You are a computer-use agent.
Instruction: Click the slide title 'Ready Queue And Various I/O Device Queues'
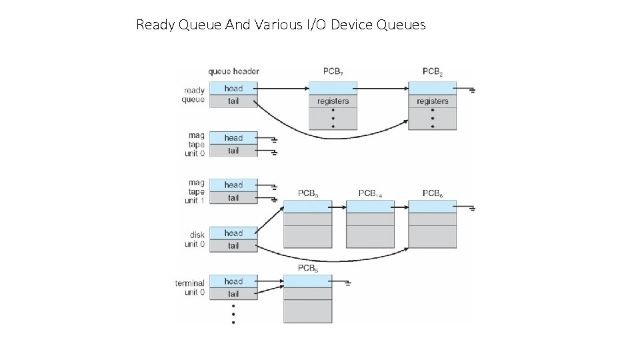coord(281,25)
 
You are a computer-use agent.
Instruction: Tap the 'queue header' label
coord(233,71)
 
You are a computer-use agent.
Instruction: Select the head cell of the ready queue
coord(233,89)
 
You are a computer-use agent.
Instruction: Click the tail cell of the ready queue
coord(233,101)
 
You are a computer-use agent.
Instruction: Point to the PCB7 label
coord(333,71)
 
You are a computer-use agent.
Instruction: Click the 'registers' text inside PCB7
coord(333,101)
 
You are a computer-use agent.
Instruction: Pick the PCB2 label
coord(433,71)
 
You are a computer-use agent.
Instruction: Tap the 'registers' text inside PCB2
coord(433,101)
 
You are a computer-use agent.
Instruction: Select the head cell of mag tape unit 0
coord(233,138)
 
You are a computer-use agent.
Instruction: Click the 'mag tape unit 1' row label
coord(195,191)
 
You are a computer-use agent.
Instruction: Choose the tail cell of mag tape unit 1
coord(233,198)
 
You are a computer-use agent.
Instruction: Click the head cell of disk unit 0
coord(233,233)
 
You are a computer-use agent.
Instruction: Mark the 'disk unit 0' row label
coord(195,239)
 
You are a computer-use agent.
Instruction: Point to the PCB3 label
coord(307,194)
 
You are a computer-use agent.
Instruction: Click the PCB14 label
coord(370,193)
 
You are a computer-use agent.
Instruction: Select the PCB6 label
coord(433,194)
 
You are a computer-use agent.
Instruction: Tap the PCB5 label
coord(307,269)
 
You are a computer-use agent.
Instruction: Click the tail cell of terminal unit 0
coord(233,294)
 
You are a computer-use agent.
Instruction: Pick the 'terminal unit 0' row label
coord(190,288)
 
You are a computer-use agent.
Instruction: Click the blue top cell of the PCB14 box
coord(370,207)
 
